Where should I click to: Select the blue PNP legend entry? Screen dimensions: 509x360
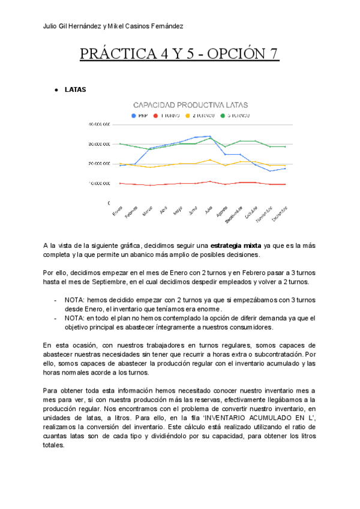[142, 115]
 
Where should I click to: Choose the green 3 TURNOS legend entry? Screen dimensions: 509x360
[238, 115]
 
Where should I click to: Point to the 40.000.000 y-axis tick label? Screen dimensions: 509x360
[99, 125]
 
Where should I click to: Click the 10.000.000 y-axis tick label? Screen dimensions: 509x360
[99, 183]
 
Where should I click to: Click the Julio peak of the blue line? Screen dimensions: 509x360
[209, 136]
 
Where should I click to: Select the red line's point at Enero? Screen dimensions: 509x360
[121, 183]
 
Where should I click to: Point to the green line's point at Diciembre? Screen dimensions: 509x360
[285, 146]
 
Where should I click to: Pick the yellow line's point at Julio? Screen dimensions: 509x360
[209, 160]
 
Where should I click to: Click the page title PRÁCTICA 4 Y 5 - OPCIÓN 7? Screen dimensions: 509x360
[180, 54]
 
